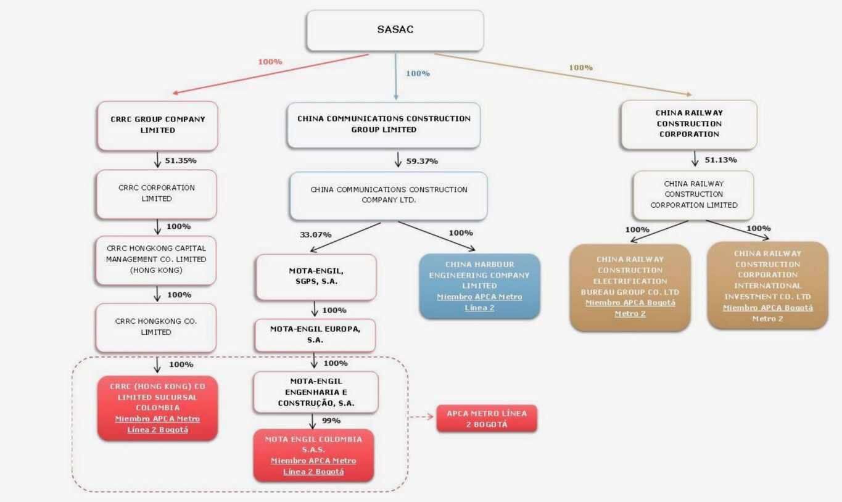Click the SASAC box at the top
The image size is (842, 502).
coord(395,30)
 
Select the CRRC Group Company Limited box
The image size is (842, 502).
coord(157,125)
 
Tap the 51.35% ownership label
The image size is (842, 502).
coord(180,161)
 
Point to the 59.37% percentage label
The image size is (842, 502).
coord(422,162)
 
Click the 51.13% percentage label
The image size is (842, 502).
coord(721,160)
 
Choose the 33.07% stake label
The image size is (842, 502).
coord(315,235)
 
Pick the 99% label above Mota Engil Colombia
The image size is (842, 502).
coord(331,421)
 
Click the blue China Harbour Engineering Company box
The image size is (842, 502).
coord(479,286)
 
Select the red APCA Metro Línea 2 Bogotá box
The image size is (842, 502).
coord(487,419)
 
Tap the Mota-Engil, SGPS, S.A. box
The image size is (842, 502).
coord(315,276)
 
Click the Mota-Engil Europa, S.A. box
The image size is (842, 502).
coord(315,334)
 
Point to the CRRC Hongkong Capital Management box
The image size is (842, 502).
coord(156,260)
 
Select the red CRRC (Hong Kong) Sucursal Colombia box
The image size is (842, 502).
coord(157,408)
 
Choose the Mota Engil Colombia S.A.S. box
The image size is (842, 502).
coord(313,455)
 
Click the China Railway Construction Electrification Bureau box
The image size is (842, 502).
coord(630,287)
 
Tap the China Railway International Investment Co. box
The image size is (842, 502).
coord(767,286)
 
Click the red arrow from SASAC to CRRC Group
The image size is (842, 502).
coord(271,74)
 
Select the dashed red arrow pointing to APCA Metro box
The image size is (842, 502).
coord(422,418)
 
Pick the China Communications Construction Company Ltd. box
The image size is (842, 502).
coord(389,195)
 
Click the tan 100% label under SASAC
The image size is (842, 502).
coord(580,67)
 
